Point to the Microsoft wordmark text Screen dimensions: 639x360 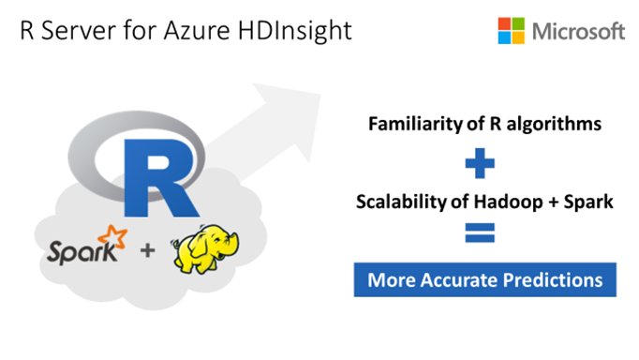click(x=578, y=31)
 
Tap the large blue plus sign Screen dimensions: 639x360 click(x=480, y=164)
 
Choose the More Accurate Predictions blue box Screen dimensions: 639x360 click(x=485, y=280)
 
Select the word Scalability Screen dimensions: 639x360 click(x=392, y=201)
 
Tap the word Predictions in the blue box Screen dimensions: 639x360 click(x=554, y=280)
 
